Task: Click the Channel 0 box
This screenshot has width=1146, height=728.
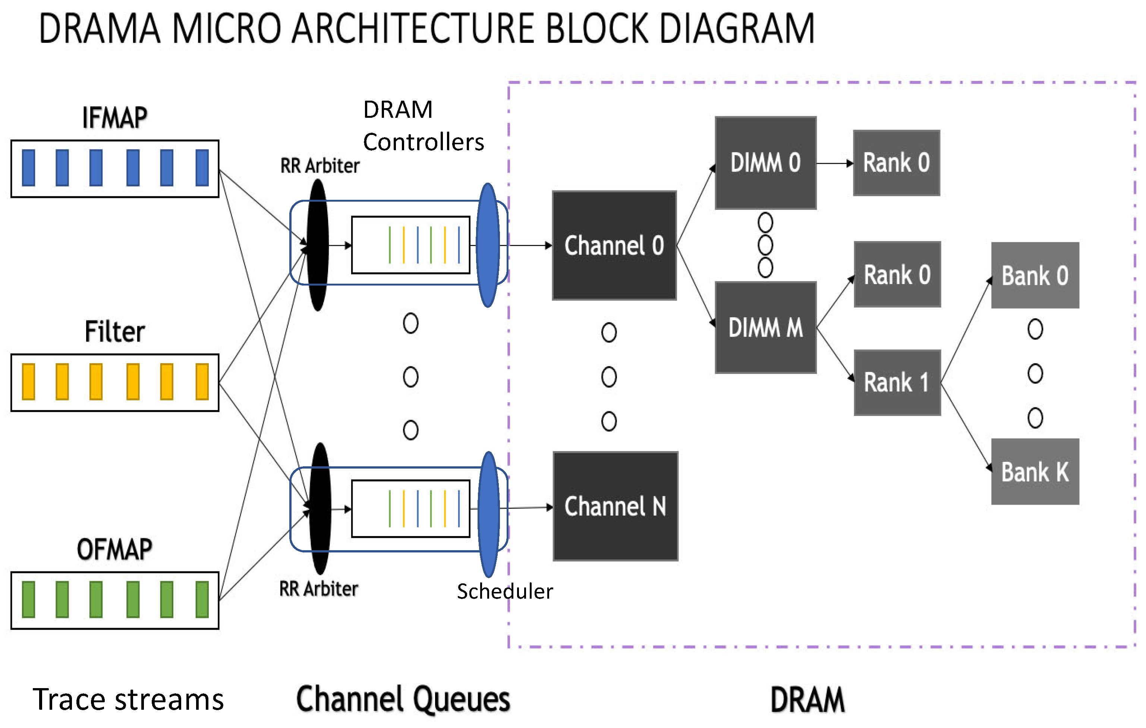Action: pyautogui.click(x=614, y=246)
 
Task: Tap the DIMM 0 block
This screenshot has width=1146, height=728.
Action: pyautogui.click(x=765, y=163)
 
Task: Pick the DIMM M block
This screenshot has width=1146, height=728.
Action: pyautogui.click(x=765, y=327)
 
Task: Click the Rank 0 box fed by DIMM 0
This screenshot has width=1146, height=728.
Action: pyautogui.click(x=896, y=163)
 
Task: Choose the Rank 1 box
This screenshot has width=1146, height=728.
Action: pyautogui.click(x=897, y=382)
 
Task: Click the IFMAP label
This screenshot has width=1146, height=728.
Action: pyautogui.click(x=115, y=118)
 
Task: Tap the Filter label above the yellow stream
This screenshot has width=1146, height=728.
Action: pyautogui.click(x=115, y=332)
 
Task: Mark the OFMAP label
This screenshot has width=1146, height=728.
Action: pyautogui.click(x=115, y=549)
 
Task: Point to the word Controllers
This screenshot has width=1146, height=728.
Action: pyautogui.click(x=423, y=142)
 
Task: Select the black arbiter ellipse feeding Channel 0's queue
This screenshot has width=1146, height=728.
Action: pyautogui.click(x=317, y=245)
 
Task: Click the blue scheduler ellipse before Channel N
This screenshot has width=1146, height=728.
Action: pyautogui.click(x=489, y=514)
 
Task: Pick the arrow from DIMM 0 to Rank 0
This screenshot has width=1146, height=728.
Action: pyautogui.click(x=835, y=163)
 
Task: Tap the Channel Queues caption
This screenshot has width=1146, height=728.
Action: pyautogui.click(x=403, y=699)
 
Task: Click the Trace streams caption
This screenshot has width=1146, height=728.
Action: pyautogui.click(x=128, y=699)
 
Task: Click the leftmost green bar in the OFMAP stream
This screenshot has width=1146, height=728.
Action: pyautogui.click(x=29, y=599)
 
